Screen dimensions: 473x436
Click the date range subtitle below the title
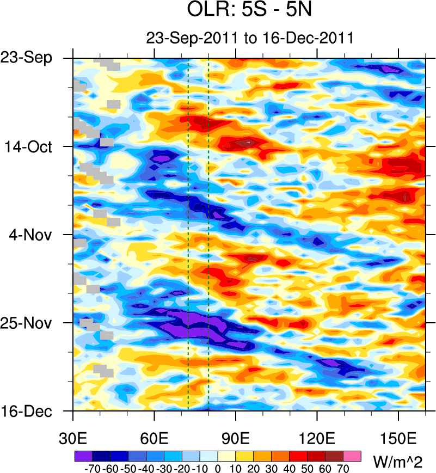click(x=250, y=38)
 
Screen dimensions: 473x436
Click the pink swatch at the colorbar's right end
click(x=353, y=455)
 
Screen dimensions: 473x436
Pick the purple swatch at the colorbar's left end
click(x=83, y=455)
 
